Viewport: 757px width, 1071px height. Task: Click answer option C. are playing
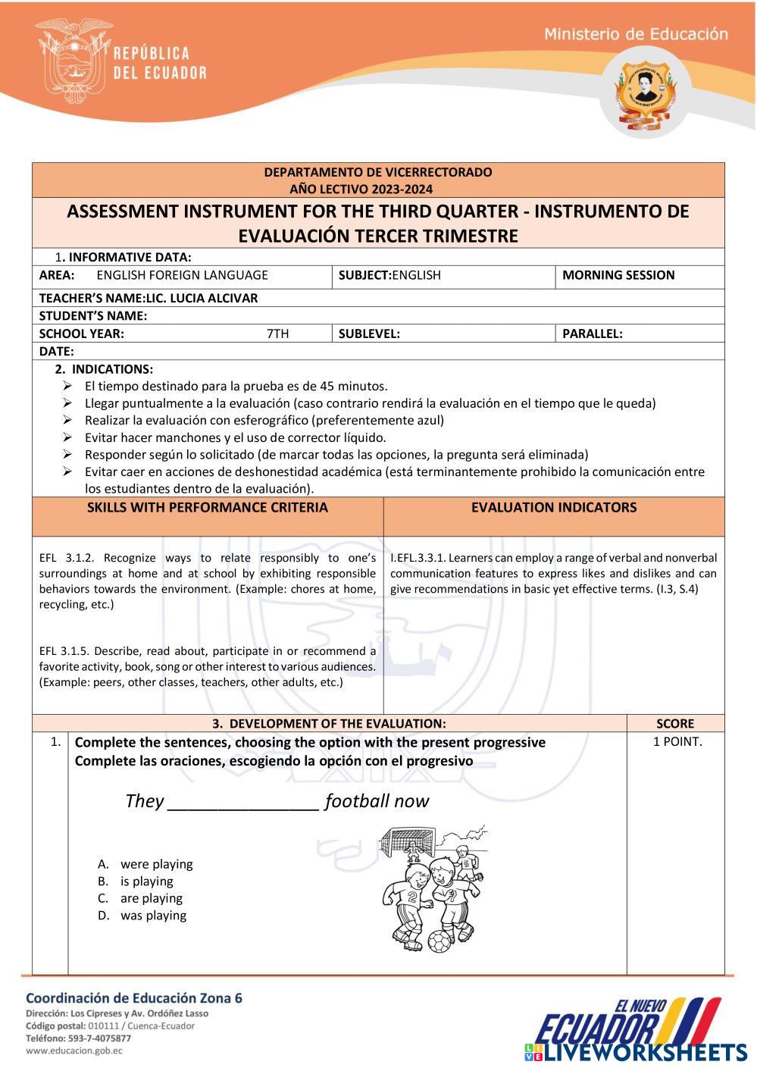[x=151, y=898]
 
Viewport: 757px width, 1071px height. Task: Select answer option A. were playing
[x=156, y=864]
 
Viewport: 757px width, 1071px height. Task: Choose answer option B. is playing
[x=146, y=882]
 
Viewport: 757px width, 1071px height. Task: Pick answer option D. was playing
[x=153, y=916]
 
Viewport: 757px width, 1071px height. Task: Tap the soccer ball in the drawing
[x=439, y=942]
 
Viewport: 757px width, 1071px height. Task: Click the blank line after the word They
[x=242, y=803]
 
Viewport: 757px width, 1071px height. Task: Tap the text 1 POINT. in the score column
[x=677, y=742]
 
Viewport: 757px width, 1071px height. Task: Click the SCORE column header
[x=675, y=724]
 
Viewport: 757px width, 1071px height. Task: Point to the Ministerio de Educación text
[x=636, y=34]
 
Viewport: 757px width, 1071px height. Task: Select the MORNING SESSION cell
[x=618, y=275]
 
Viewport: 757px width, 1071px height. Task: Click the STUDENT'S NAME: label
[x=93, y=316]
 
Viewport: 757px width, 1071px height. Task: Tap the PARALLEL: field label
[x=593, y=334]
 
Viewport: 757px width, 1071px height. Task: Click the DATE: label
[x=57, y=352]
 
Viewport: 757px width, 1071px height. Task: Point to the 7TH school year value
[x=277, y=334]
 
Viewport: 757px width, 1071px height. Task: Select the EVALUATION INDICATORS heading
[x=554, y=508]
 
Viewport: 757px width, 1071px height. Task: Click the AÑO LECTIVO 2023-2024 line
[x=377, y=189]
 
